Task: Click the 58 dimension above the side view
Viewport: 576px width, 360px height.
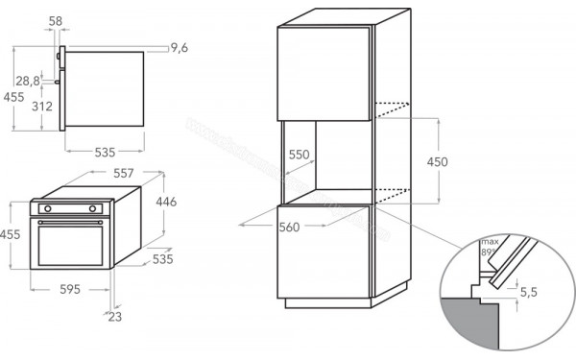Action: [x=55, y=20]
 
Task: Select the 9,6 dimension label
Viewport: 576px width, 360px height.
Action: [x=180, y=47]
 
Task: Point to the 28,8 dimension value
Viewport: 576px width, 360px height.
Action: [x=28, y=82]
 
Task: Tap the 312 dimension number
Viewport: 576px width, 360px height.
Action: [x=41, y=108]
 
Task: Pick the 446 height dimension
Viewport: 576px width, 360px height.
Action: [x=167, y=202]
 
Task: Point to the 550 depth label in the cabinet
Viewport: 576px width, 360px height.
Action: [x=300, y=154]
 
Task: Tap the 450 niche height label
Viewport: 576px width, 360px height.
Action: [x=437, y=162]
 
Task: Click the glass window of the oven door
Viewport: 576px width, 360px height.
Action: [x=71, y=240]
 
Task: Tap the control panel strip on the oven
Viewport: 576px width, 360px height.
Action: [x=71, y=207]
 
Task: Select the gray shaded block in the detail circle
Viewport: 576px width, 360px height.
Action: [x=470, y=326]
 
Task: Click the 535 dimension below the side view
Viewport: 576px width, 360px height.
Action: [x=105, y=152]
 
